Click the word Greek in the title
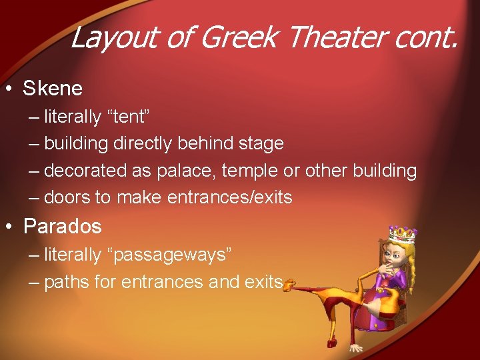tap(237, 38)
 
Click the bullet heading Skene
tap(53, 88)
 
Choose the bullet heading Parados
tap(62, 226)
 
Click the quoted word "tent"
tap(128, 117)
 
